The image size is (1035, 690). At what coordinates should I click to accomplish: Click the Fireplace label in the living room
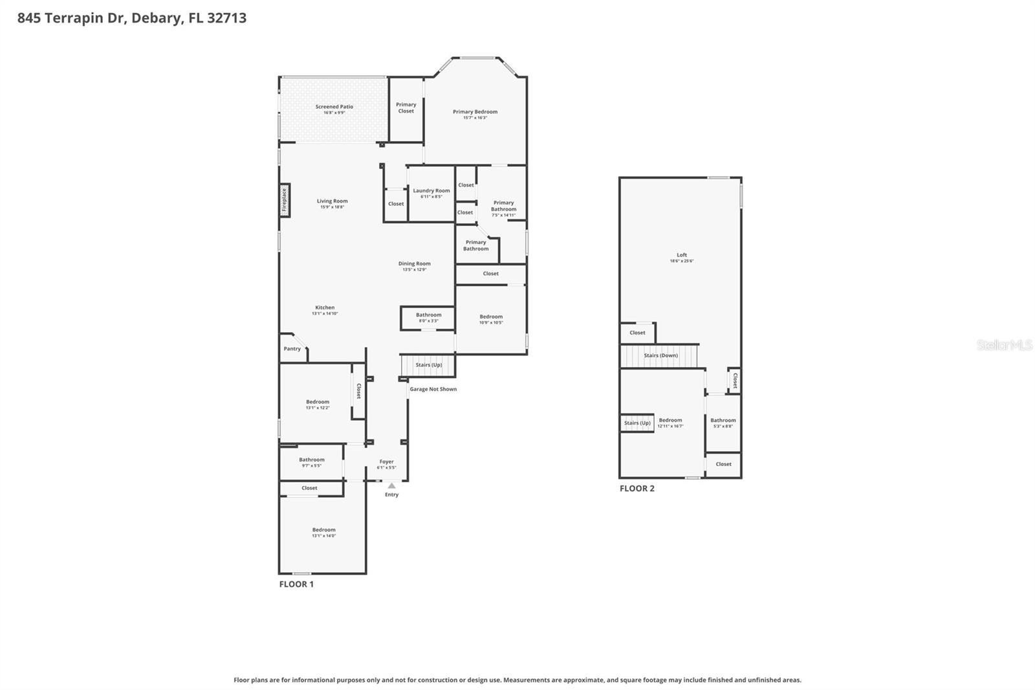[284, 200]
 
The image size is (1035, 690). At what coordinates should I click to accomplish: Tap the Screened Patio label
[334, 107]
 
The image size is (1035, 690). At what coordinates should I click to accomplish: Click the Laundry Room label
[431, 191]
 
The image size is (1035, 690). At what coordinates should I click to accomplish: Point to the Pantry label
[292, 349]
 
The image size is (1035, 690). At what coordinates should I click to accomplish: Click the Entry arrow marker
[391, 485]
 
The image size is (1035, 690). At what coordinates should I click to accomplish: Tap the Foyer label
[386, 462]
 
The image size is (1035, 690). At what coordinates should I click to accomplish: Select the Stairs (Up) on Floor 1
[428, 365]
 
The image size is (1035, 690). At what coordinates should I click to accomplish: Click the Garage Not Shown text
[433, 389]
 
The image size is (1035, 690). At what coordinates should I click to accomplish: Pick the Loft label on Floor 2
[682, 255]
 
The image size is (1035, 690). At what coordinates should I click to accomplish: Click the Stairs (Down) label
[660, 355]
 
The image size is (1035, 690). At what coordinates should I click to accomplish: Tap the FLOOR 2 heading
[637, 489]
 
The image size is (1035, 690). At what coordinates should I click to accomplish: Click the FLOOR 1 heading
[296, 584]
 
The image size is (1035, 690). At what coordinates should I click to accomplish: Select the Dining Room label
[414, 263]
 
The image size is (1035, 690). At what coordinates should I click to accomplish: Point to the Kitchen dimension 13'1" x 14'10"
[325, 314]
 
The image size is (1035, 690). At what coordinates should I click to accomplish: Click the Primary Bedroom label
[475, 112]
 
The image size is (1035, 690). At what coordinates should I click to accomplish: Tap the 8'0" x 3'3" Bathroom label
[428, 317]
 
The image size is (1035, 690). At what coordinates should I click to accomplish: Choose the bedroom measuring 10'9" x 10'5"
[491, 319]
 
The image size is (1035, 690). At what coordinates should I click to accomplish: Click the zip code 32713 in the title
[226, 18]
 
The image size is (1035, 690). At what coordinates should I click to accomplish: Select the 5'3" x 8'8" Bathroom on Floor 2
[723, 423]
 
